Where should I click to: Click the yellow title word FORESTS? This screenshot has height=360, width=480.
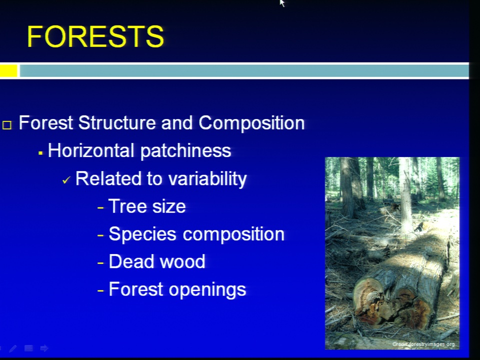click(x=95, y=36)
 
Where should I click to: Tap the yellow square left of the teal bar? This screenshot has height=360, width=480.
click(x=8, y=70)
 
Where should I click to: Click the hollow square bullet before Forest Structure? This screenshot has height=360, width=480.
click(x=7, y=125)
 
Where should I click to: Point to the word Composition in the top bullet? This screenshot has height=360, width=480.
click(x=251, y=123)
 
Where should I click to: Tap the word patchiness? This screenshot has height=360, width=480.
click(x=185, y=151)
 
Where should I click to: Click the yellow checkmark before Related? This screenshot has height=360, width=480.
click(x=66, y=180)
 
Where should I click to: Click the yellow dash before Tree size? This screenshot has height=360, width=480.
click(x=100, y=208)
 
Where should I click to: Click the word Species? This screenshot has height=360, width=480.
click(x=142, y=234)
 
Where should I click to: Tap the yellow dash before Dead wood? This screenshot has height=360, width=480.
click(x=100, y=263)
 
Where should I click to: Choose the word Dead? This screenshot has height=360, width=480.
click(x=131, y=261)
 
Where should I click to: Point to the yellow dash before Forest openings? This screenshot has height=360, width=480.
click(x=100, y=291)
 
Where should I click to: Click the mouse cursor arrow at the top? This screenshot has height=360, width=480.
click(x=282, y=3)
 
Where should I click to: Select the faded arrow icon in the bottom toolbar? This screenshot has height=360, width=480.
click(x=44, y=348)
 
